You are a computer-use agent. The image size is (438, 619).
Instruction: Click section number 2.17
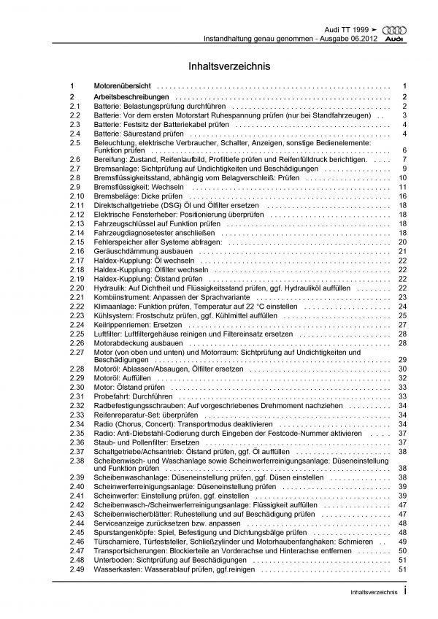77,261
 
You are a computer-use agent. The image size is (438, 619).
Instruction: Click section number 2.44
77,523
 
